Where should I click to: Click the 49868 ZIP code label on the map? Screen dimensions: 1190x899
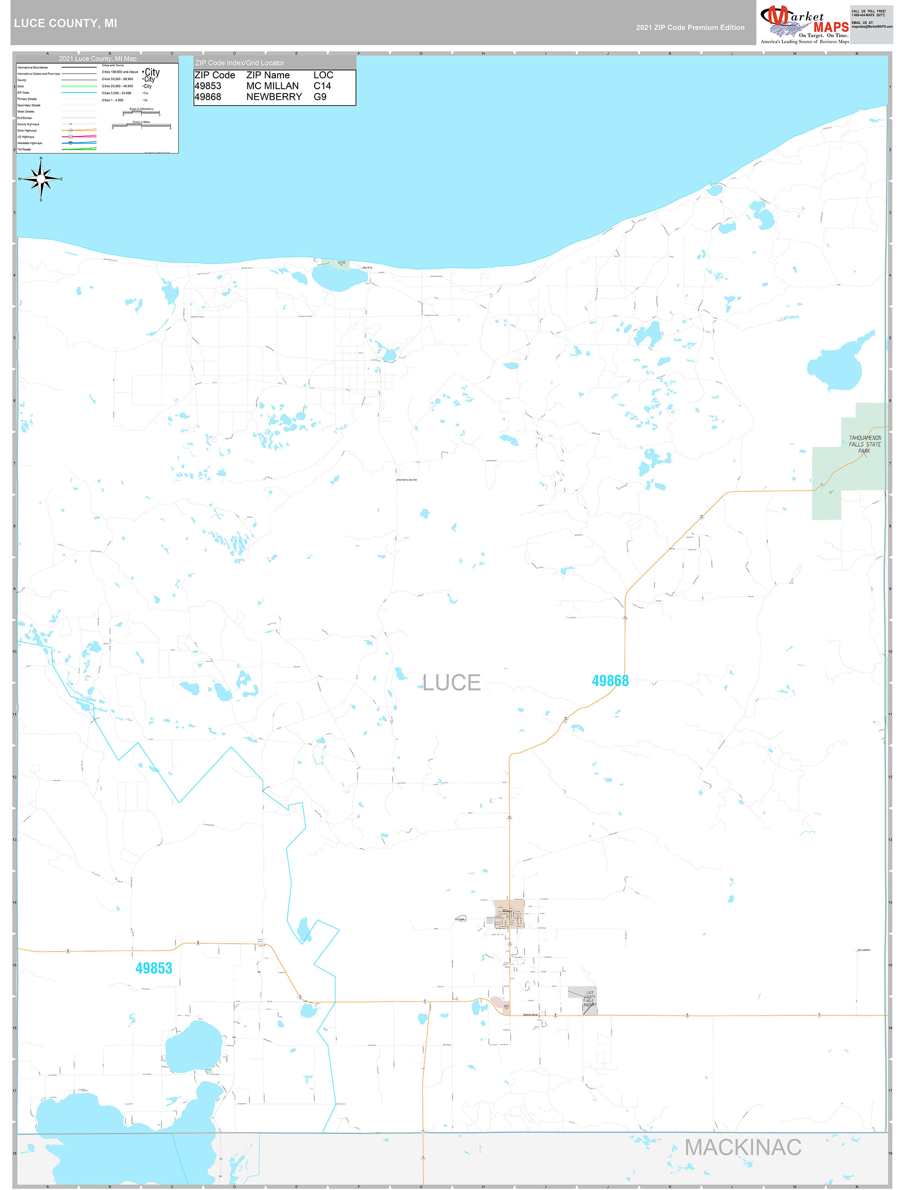point(610,681)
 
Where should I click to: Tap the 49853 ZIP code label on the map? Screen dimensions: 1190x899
point(153,968)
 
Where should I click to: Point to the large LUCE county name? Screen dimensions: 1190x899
point(451,683)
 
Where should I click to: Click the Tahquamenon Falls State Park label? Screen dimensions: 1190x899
point(865,444)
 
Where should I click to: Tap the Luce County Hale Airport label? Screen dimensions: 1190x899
point(589,999)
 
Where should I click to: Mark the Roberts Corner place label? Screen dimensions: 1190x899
point(530,1015)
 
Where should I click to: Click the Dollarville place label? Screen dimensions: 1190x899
point(460,919)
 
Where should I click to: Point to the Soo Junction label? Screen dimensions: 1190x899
point(863,950)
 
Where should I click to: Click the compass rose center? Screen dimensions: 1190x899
point(41,178)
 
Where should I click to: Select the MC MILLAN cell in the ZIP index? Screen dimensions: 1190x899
point(272,86)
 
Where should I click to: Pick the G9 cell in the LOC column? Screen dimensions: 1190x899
point(320,97)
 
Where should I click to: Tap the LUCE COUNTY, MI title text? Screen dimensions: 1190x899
point(65,23)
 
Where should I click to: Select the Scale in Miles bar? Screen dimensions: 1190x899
point(142,126)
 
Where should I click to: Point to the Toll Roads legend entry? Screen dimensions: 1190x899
point(24,150)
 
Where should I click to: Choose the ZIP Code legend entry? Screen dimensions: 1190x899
point(23,92)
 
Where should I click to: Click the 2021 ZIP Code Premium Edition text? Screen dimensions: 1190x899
point(690,27)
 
